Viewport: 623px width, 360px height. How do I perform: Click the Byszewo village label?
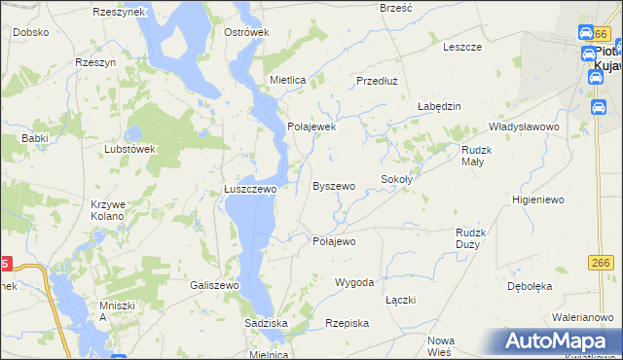(333, 185)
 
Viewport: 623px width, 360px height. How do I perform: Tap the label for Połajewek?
(311, 126)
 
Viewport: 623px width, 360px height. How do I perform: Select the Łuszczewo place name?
(250, 190)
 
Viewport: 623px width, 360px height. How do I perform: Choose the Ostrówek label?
(246, 32)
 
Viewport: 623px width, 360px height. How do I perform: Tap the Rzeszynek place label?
(118, 12)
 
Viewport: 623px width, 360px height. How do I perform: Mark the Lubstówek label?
(130, 149)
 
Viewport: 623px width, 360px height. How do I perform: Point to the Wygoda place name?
(354, 282)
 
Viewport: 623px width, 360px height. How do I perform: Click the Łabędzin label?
(438, 106)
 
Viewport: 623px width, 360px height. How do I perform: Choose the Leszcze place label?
(462, 46)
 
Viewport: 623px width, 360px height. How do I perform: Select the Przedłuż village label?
(380, 82)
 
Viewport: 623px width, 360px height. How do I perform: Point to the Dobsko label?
(31, 32)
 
